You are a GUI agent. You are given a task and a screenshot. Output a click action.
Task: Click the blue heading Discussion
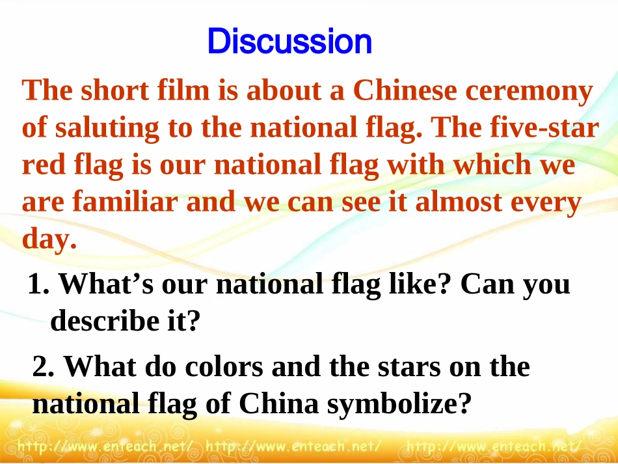pyautogui.click(x=289, y=42)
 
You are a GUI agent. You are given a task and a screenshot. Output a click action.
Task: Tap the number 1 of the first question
pyautogui.click(x=36, y=285)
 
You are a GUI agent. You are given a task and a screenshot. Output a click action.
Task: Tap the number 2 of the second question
pyautogui.click(x=41, y=368)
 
